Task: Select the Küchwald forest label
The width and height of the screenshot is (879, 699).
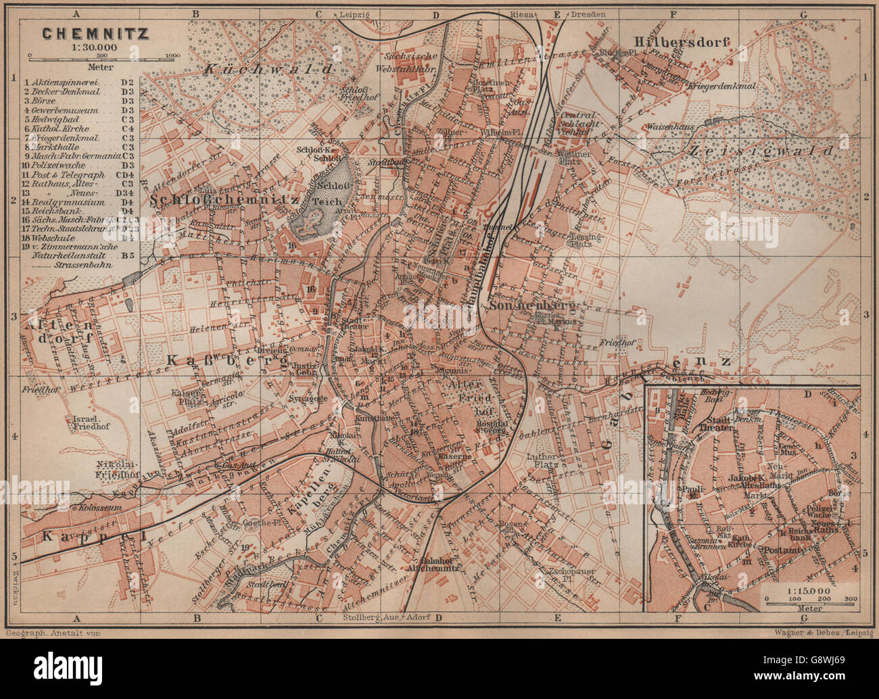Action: pyautogui.click(x=269, y=69)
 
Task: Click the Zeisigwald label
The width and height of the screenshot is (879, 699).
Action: pyautogui.click(x=769, y=151)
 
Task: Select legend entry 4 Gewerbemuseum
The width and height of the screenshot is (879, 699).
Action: pyautogui.click(x=61, y=110)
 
